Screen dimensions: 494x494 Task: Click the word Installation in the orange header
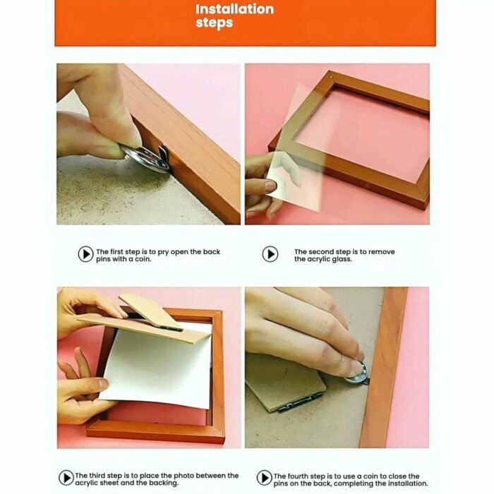235,9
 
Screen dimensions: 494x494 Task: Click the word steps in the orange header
215,23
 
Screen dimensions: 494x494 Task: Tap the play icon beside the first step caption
85,254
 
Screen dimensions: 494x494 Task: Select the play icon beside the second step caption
270,254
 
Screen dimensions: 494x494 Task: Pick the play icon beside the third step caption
66,478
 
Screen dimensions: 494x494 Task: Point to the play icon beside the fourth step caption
265,478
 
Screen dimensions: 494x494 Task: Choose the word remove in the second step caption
382,252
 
